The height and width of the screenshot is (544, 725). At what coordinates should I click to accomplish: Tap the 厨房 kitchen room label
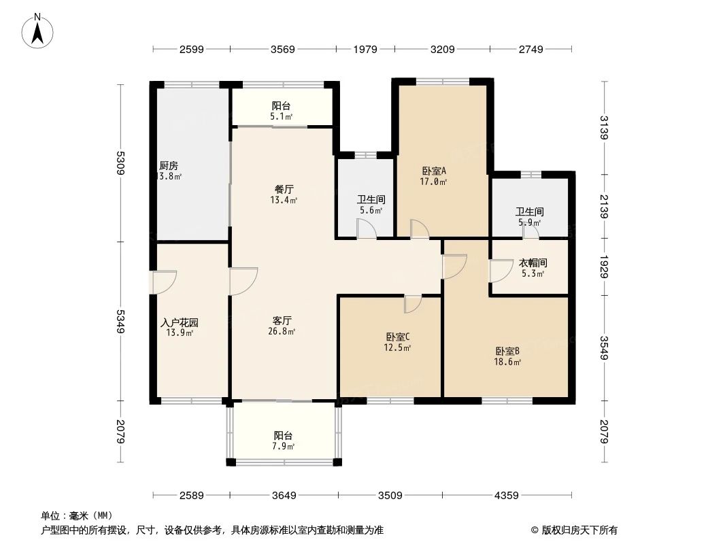(169, 165)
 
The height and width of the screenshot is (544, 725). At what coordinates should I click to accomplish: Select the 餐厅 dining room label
(282, 189)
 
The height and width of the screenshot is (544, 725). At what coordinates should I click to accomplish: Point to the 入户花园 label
(180, 322)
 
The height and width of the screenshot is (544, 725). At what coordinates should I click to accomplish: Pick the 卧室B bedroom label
(507, 351)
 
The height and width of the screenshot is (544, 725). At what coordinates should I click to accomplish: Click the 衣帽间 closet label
(533, 262)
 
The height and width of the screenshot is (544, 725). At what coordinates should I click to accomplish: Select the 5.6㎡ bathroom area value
(371, 211)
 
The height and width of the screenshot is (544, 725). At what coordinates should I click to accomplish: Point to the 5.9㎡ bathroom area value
(529, 223)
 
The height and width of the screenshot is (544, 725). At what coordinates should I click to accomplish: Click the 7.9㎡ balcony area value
(284, 447)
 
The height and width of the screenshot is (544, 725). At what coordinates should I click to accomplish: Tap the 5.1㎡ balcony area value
(281, 117)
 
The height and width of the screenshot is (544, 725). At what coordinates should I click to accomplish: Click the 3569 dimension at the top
(283, 49)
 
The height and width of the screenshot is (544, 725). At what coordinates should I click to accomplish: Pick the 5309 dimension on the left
(121, 163)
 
